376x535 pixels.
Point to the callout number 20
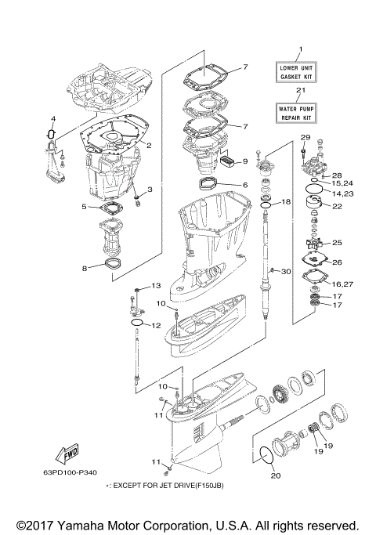point(274,475)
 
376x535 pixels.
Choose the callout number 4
point(52,119)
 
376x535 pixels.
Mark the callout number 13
point(155,285)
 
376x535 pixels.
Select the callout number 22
point(338,207)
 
